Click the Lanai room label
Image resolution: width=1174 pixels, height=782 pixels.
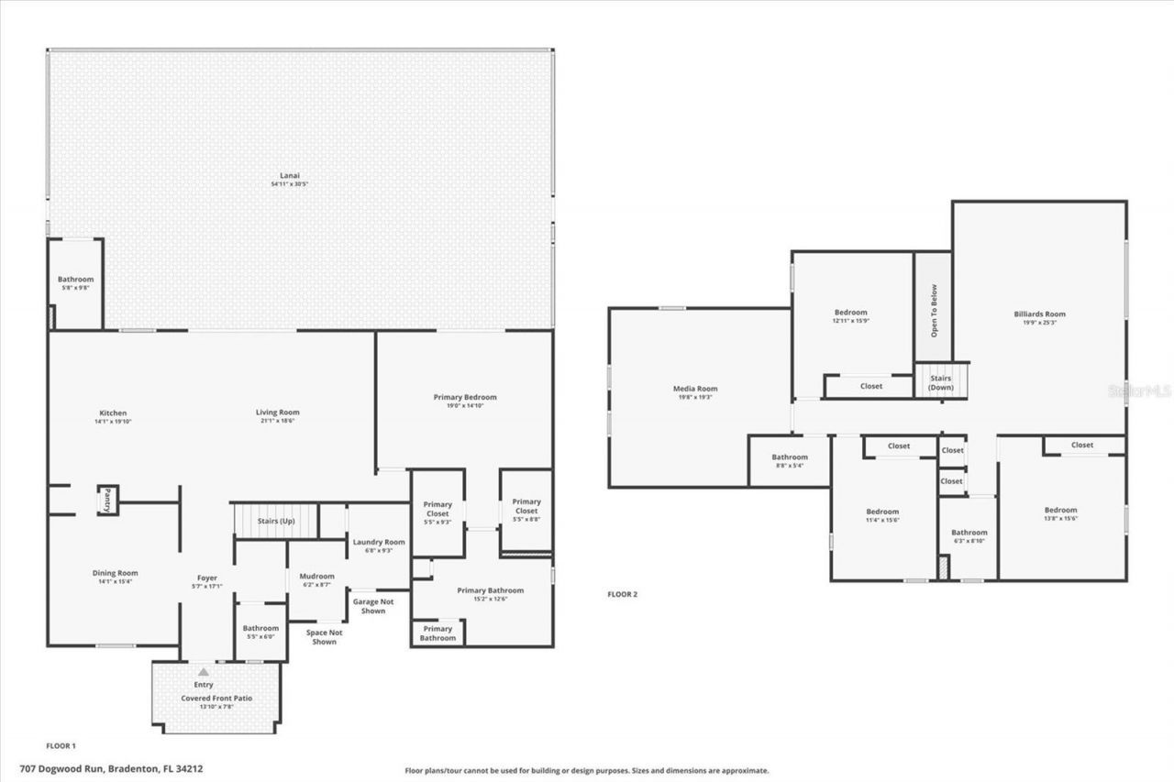point(290,175)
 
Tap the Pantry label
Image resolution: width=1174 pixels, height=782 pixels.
point(107,500)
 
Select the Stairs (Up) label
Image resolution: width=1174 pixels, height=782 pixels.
point(276,521)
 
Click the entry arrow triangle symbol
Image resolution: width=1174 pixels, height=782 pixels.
point(204,672)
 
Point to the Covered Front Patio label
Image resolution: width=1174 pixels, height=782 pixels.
point(216,698)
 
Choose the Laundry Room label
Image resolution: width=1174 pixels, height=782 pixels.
point(379,542)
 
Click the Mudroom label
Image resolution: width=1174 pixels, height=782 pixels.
point(317,577)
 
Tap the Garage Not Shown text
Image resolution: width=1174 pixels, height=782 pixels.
point(373,606)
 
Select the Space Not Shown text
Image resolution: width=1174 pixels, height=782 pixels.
point(324,637)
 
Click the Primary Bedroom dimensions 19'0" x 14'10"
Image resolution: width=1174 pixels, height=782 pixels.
point(465,405)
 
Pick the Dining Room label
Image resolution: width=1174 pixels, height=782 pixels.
point(115,573)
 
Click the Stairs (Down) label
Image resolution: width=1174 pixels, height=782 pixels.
point(941,382)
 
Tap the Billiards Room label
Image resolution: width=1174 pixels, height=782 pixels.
point(1039,314)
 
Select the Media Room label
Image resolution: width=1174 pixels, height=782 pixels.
point(695,389)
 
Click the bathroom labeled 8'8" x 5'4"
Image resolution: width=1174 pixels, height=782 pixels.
point(790,461)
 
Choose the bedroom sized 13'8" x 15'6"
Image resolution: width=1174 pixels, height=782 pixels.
point(1060,514)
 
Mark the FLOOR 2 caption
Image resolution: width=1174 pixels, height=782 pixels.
point(622,594)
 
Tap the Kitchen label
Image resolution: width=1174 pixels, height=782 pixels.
point(113,413)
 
